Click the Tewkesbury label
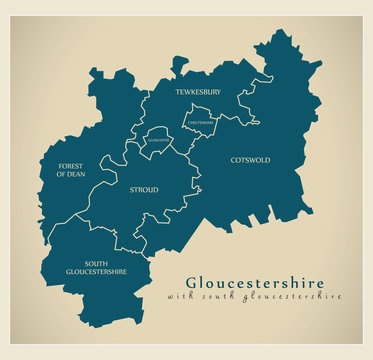pyautogui.click(x=198, y=92)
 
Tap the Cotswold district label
pyautogui.click(x=250, y=160)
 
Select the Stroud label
pyautogui.click(x=144, y=188)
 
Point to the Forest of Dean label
pyautogui.click(x=70, y=170)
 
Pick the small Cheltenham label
pyautogui.click(x=198, y=124)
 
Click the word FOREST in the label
pyautogui.click(x=70, y=165)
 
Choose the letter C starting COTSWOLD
pyautogui.click(x=233, y=160)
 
